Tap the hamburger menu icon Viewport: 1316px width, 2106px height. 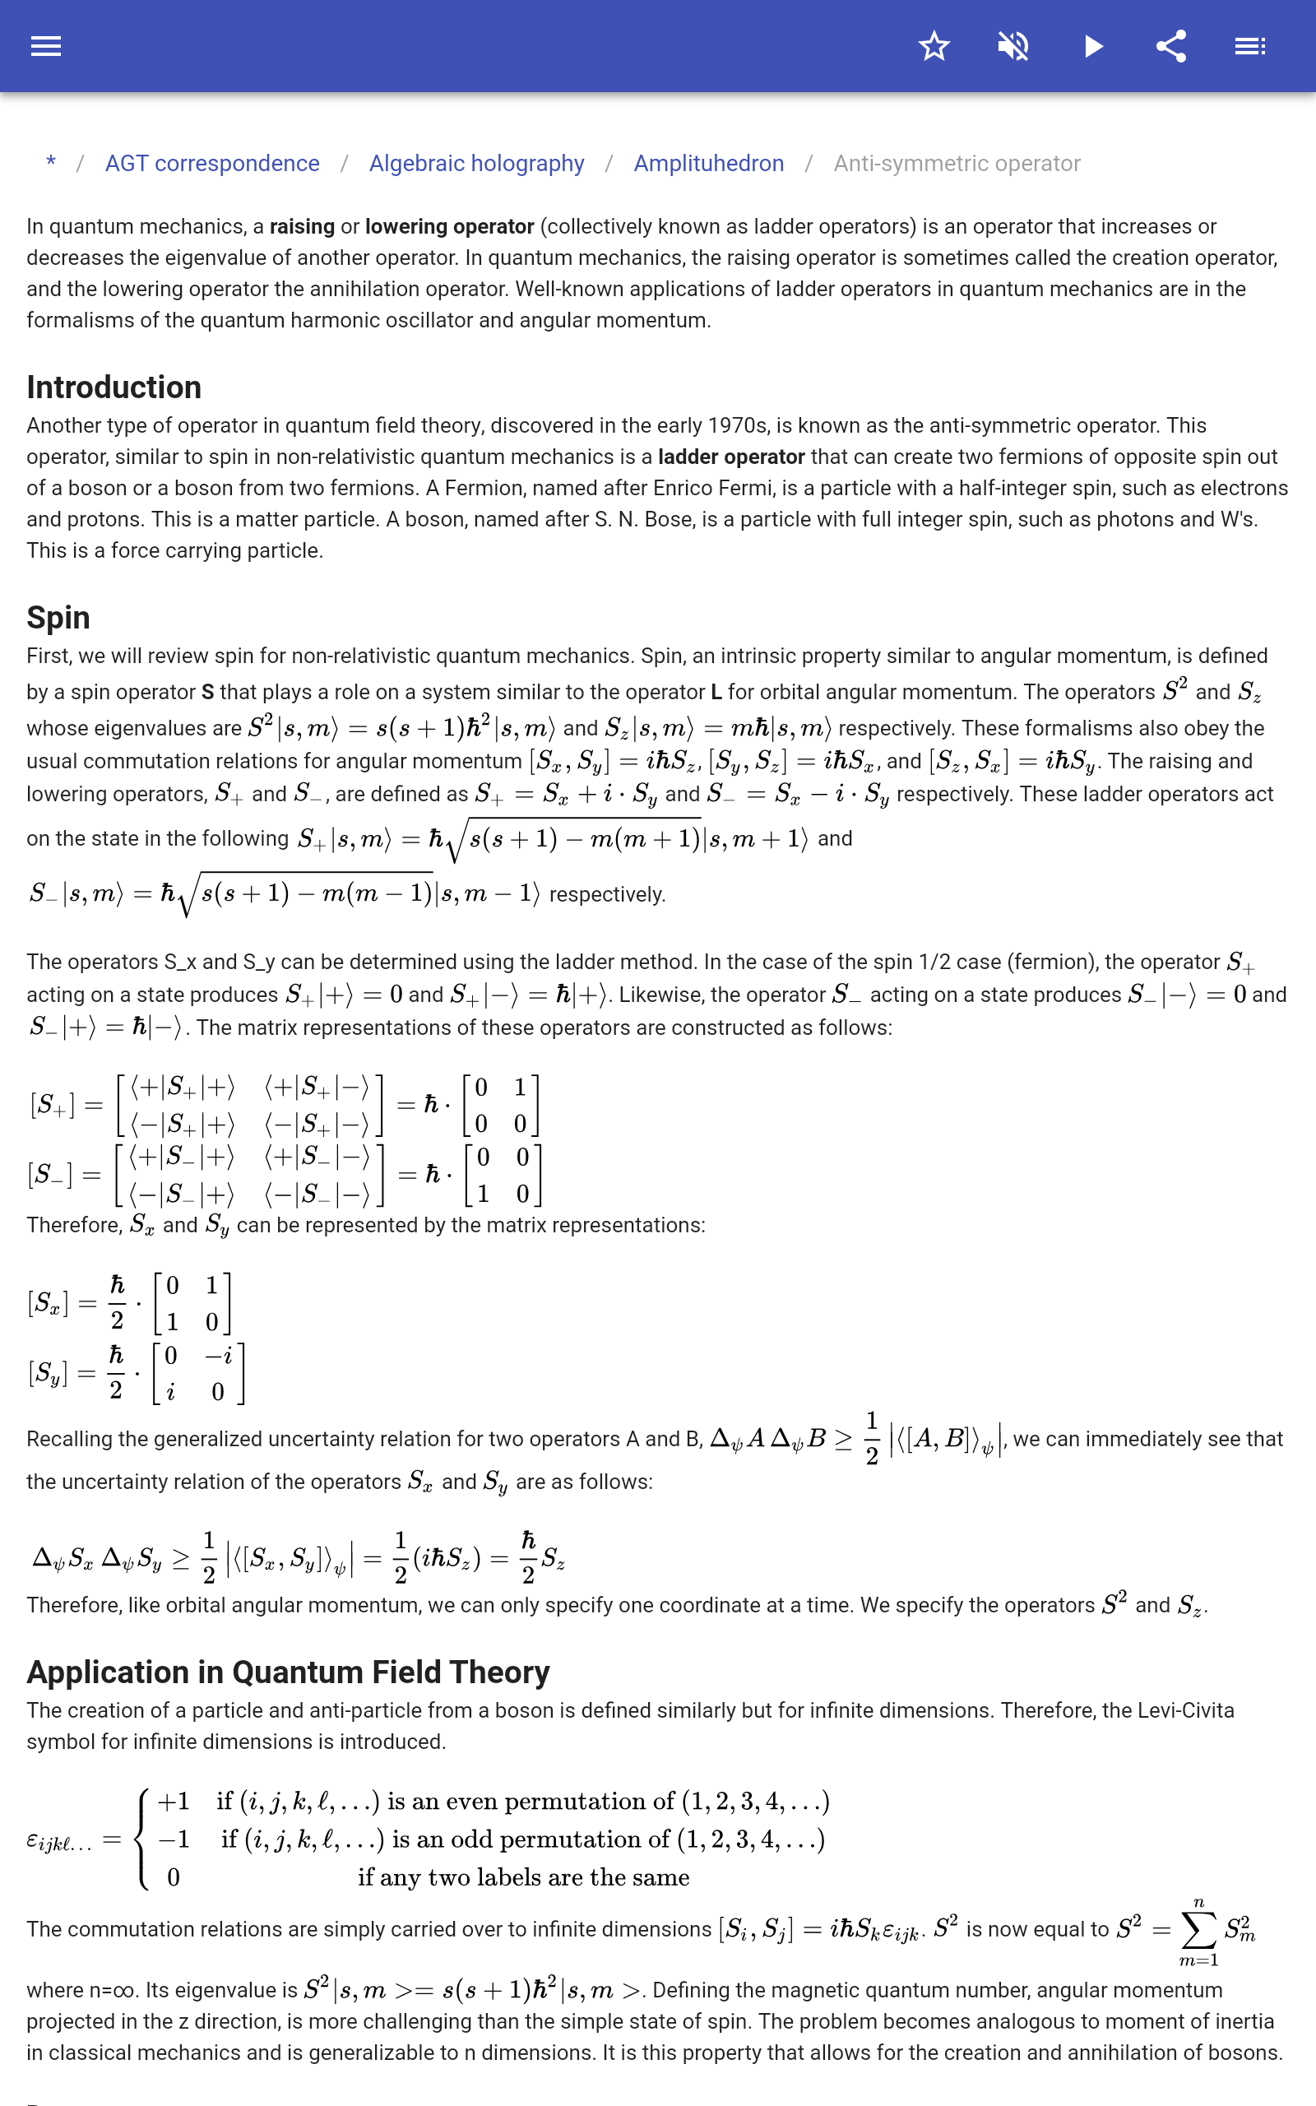point(46,46)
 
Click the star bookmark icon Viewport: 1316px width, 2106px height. point(934,46)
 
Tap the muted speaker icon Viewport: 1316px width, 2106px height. point(1013,46)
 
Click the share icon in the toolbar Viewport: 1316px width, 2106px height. point(1171,46)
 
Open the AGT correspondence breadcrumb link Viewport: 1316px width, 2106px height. point(212,164)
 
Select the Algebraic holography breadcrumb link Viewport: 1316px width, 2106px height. point(476,164)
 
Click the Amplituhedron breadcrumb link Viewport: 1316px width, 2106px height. point(708,164)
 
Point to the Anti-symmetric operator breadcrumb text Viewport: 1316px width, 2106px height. point(957,164)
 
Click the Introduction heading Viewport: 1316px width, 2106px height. point(114,387)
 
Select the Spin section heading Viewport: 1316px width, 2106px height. point(58,617)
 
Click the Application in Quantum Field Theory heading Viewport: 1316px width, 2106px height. point(288,1672)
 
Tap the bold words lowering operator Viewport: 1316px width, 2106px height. point(449,226)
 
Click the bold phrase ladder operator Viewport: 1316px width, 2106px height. point(731,457)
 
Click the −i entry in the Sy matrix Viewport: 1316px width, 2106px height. point(219,1355)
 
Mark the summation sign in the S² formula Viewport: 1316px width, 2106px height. point(1198,1930)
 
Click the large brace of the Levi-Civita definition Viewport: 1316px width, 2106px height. point(141,1838)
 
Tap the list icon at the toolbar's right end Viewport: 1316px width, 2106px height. point(1250,46)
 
